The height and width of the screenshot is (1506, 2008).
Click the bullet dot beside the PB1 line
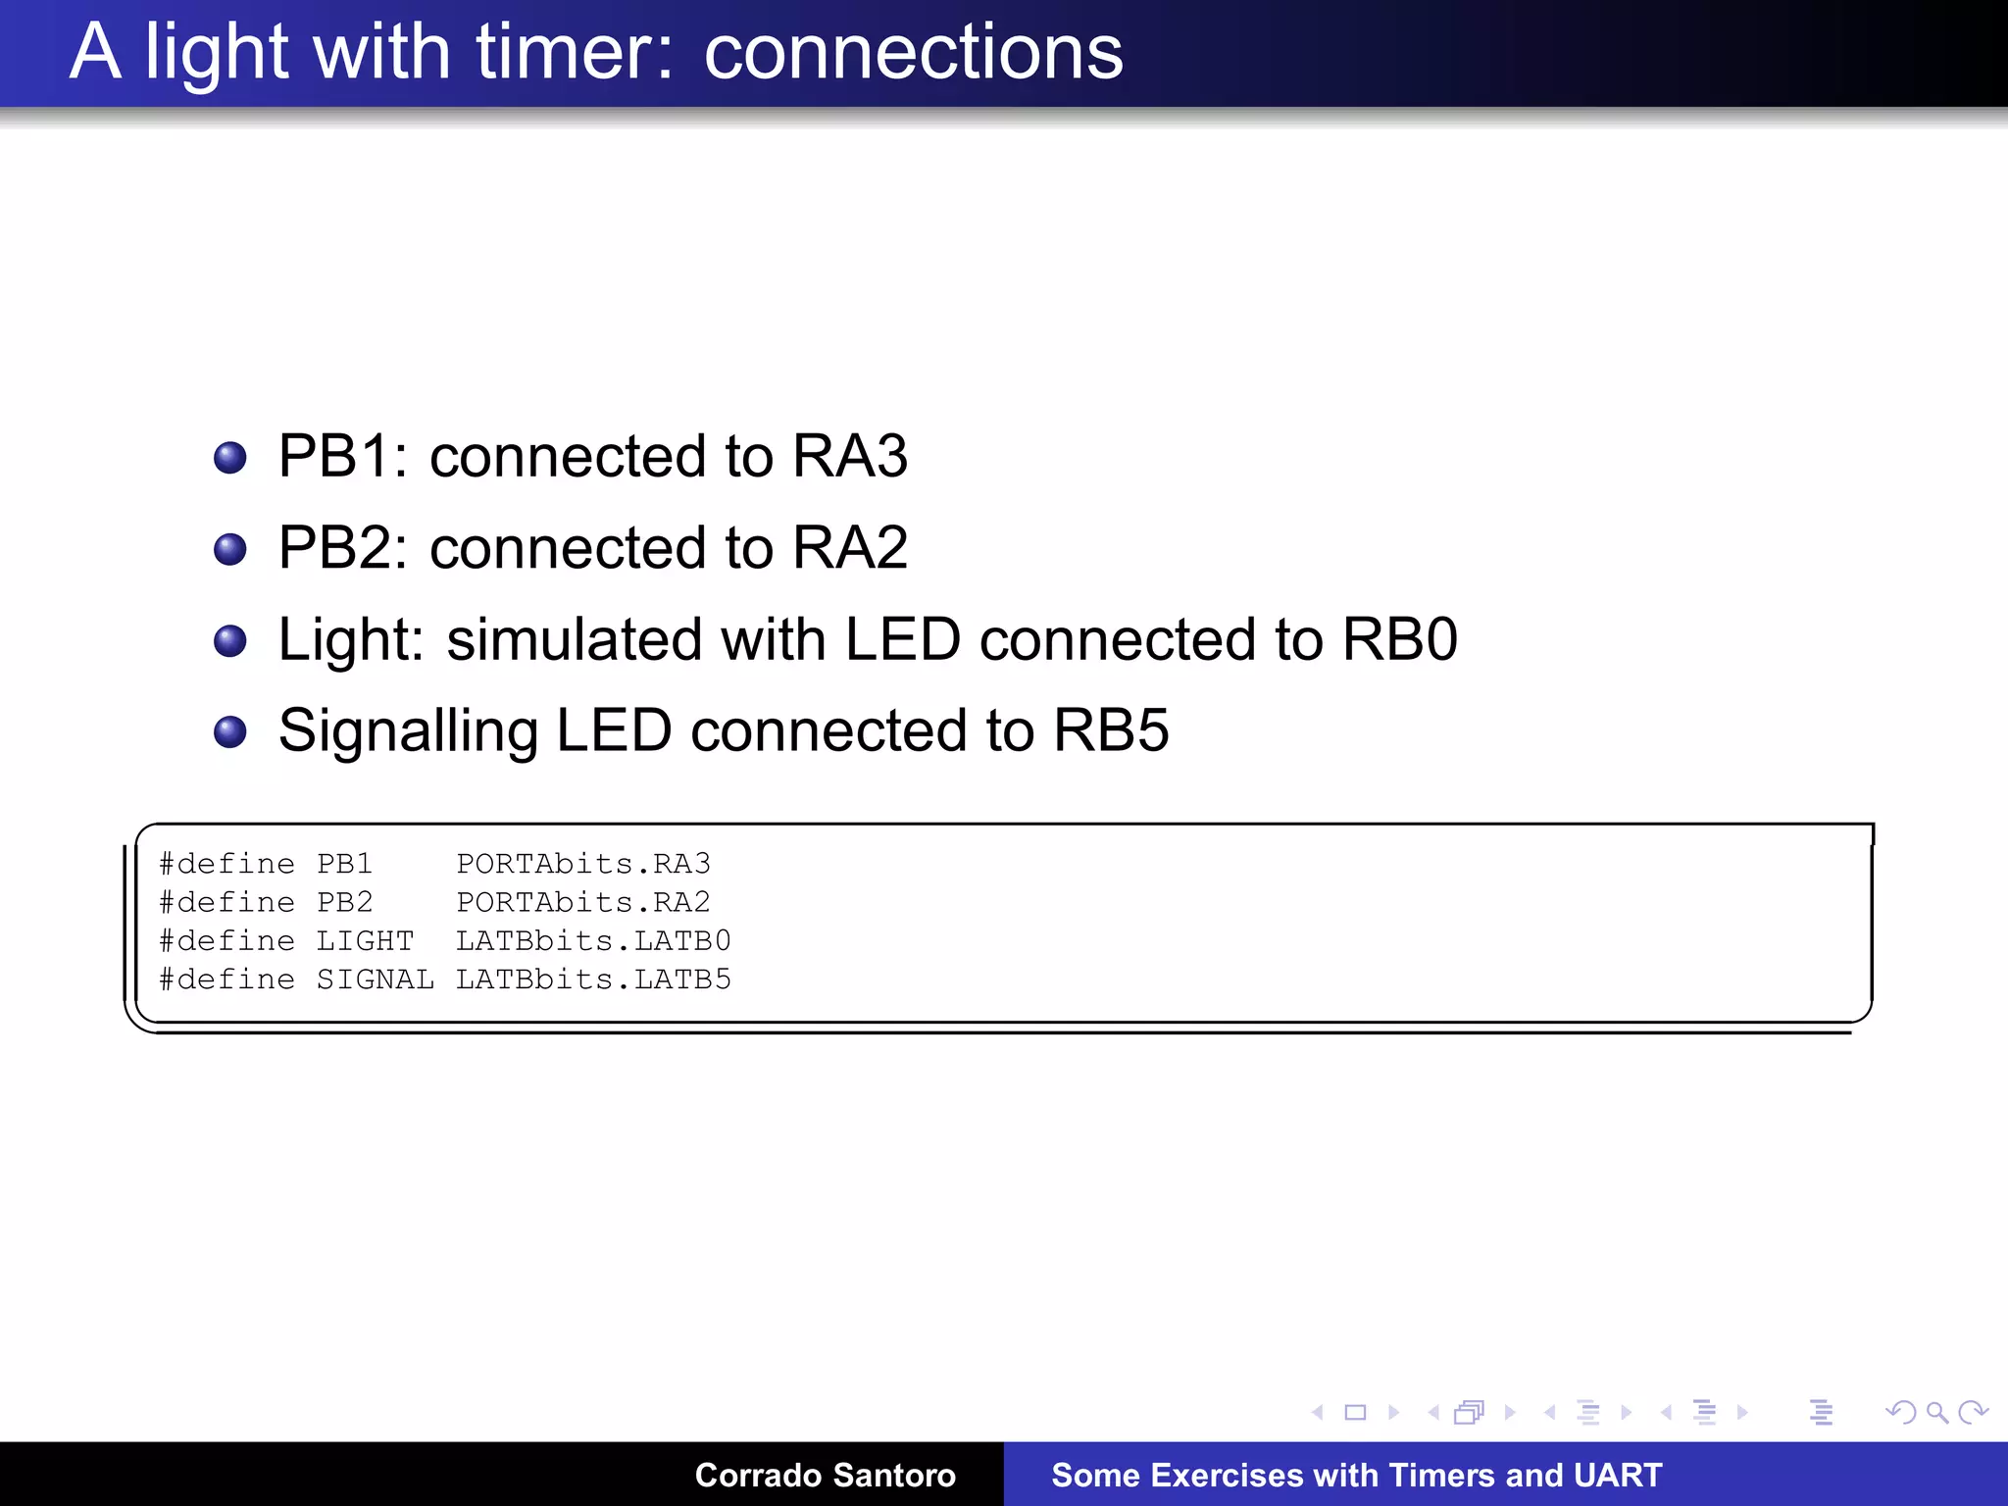pyautogui.click(x=230, y=458)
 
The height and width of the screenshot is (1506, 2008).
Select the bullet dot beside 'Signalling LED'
pyautogui.click(x=230, y=731)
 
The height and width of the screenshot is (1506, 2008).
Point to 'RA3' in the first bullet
pyautogui.click(x=849, y=456)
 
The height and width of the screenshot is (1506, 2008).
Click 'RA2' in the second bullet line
pyautogui.click(x=849, y=547)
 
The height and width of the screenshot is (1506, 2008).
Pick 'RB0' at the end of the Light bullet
pyautogui.click(x=1399, y=639)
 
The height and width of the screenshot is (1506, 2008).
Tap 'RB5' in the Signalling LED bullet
pyautogui.click(x=1111, y=730)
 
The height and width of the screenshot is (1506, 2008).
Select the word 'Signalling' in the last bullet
pyautogui.click(x=408, y=731)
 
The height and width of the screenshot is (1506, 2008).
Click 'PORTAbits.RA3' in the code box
pyautogui.click(x=583, y=864)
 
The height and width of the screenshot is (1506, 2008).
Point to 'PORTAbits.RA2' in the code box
pyautogui.click(x=583, y=902)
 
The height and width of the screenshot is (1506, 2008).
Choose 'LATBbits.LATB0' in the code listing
pyautogui.click(x=593, y=941)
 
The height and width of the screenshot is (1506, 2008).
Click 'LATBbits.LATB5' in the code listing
pyautogui.click(x=593, y=979)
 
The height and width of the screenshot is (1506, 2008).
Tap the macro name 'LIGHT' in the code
pyautogui.click(x=365, y=941)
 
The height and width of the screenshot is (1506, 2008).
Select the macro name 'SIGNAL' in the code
pyautogui.click(x=375, y=979)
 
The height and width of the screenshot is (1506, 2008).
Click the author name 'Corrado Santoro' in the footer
pyautogui.click(x=825, y=1475)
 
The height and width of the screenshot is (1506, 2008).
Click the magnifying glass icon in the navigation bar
pyautogui.click(x=1936, y=1413)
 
